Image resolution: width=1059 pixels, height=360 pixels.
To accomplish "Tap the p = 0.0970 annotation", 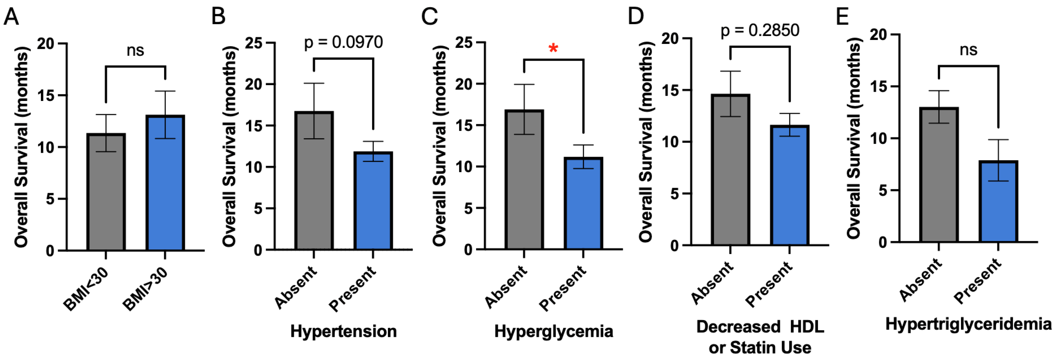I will click(343, 42).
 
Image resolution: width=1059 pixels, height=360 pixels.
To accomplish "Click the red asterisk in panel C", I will click(553, 49).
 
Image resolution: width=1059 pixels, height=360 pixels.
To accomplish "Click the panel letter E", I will click(842, 17).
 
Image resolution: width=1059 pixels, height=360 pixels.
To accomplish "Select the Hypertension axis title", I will click(343, 331).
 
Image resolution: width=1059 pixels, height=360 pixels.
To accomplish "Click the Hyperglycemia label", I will click(553, 331).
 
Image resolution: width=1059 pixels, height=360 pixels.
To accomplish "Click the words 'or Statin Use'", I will click(760, 348).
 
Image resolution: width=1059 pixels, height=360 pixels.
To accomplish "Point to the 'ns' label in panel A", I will click(135, 50).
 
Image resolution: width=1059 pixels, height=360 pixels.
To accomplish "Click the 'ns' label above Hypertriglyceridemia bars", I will click(968, 50).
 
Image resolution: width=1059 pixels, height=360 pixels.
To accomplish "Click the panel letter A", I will click(11, 17).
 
